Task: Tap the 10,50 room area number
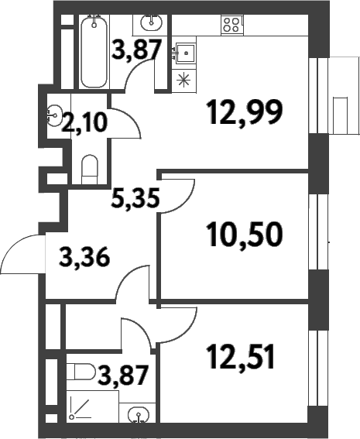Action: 245,232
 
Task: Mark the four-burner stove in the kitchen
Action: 230,24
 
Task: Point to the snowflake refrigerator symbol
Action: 183,78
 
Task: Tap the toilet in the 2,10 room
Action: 90,168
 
